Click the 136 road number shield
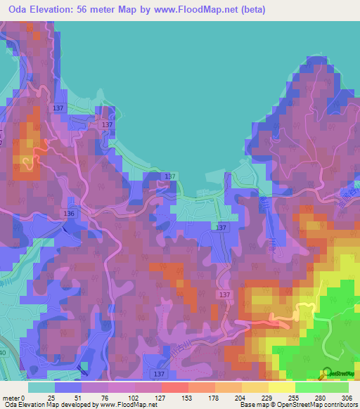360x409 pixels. [69, 213]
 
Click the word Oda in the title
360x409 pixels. [20, 10]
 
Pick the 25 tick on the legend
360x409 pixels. [51, 398]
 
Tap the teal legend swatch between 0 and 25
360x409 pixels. [41, 387]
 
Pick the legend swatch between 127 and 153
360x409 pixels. [174, 387]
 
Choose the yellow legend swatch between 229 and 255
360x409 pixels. [281, 387]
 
